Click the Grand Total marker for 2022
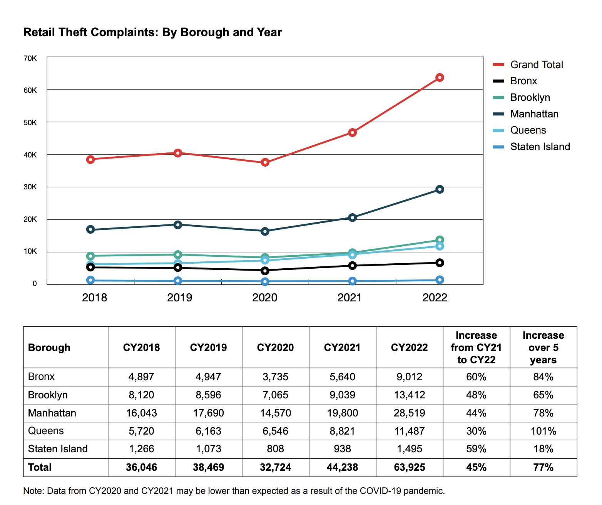tap(440, 78)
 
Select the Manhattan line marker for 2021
tap(352, 217)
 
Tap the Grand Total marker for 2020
tap(265, 162)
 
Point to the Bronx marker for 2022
tap(440, 263)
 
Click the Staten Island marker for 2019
tap(178, 281)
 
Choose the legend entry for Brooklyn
tap(530, 97)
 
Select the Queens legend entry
tap(528, 130)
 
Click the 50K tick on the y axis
tap(30, 122)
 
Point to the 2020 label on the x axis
tap(264, 298)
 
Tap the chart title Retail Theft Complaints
tap(152, 32)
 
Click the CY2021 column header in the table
tap(342, 348)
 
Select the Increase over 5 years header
tap(543, 348)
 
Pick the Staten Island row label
tap(58, 449)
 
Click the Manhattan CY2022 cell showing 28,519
tap(409, 413)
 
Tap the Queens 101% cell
tap(543, 431)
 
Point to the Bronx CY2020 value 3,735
tap(275, 377)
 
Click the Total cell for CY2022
tap(409, 467)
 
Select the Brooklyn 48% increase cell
tap(476, 395)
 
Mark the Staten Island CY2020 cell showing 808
tap(275, 449)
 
